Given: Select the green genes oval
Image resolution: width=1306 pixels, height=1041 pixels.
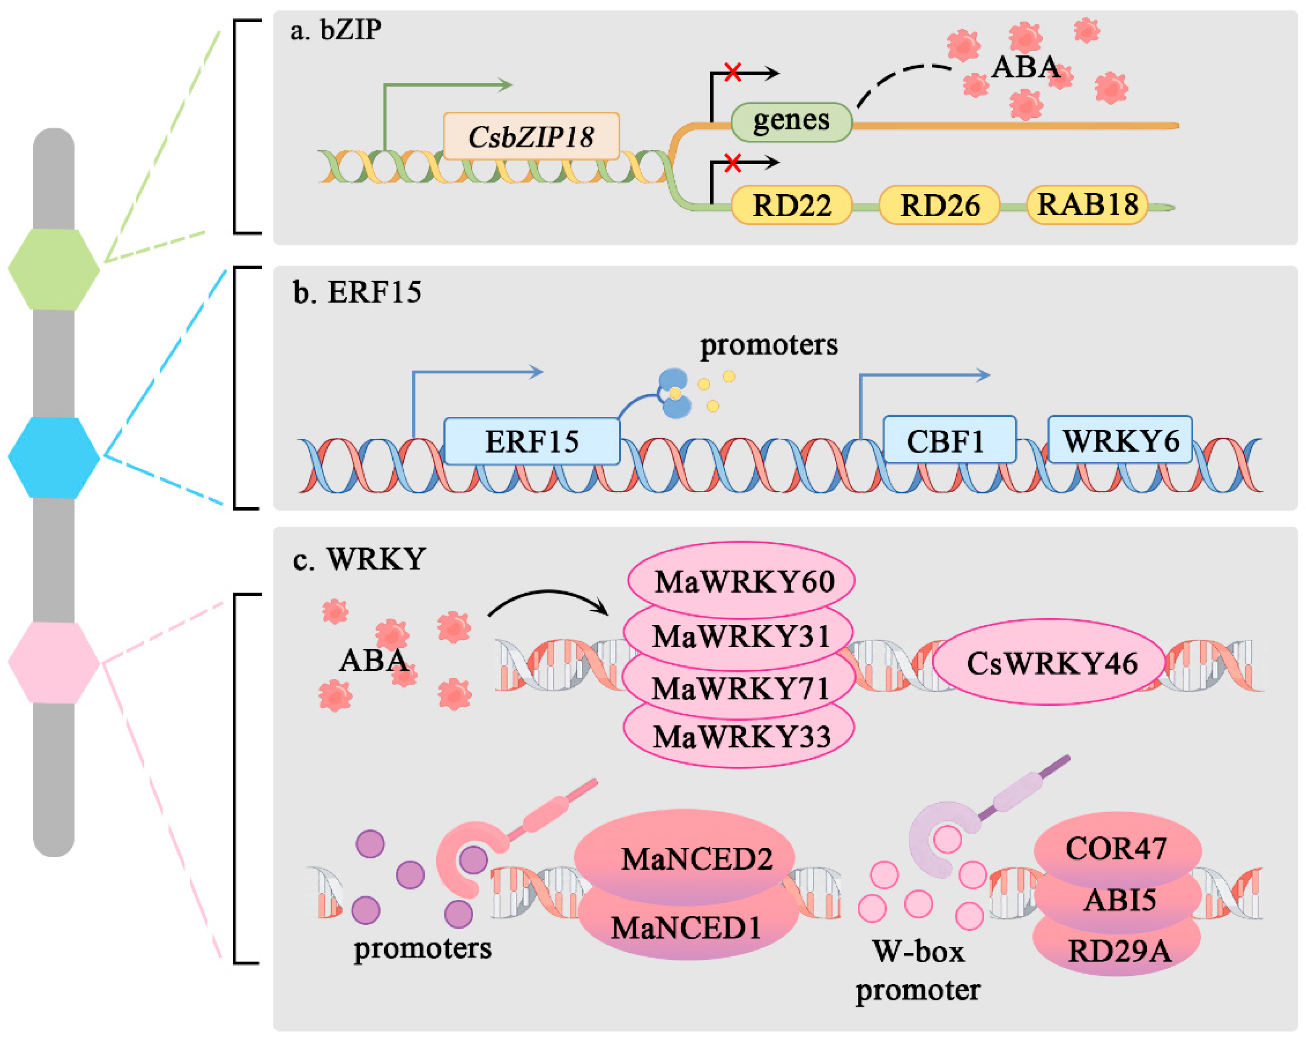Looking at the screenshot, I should [791, 121].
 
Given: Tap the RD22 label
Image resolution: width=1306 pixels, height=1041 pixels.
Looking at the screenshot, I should [791, 205].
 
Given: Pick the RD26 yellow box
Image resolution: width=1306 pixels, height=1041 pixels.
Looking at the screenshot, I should [939, 205].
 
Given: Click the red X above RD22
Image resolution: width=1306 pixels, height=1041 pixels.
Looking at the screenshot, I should [733, 162].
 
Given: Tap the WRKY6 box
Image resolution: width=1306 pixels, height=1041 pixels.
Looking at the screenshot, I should [1120, 440].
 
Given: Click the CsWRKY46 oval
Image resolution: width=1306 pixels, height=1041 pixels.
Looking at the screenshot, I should [1049, 662].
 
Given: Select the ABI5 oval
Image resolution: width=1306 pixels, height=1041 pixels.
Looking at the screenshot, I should [1118, 899].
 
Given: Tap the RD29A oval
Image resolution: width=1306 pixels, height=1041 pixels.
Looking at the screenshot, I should [1118, 951].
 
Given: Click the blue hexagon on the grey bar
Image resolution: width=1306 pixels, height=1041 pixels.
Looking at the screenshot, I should [53, 457].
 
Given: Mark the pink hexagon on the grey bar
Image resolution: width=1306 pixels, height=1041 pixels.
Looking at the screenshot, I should [53, 662].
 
